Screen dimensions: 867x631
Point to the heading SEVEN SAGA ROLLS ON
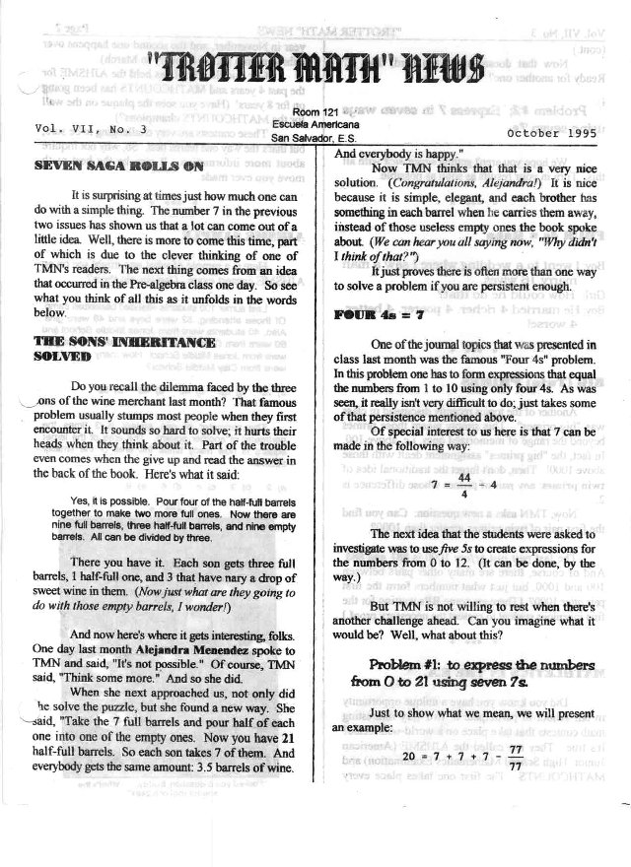pos(108,167)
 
